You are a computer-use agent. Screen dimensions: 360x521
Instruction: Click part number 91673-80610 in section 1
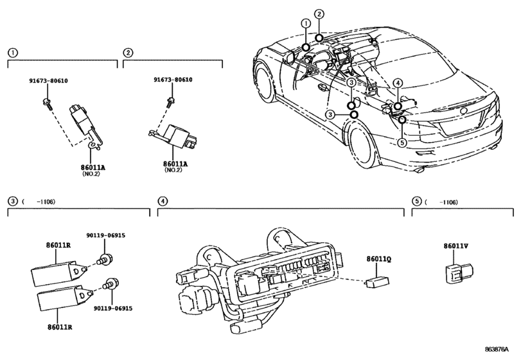tap(49, 82)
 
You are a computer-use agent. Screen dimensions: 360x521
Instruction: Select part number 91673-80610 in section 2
tap(173, 80)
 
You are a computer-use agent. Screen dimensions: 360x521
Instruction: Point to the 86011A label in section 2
tap(177, 165)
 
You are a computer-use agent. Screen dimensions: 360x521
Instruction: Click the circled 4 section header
tap(163, 202)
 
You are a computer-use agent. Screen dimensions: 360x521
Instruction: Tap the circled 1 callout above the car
tap(306, 23)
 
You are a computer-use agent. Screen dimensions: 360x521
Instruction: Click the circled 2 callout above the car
tap(320, 14)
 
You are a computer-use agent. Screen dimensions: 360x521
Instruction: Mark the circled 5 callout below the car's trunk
tap(402, 142)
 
